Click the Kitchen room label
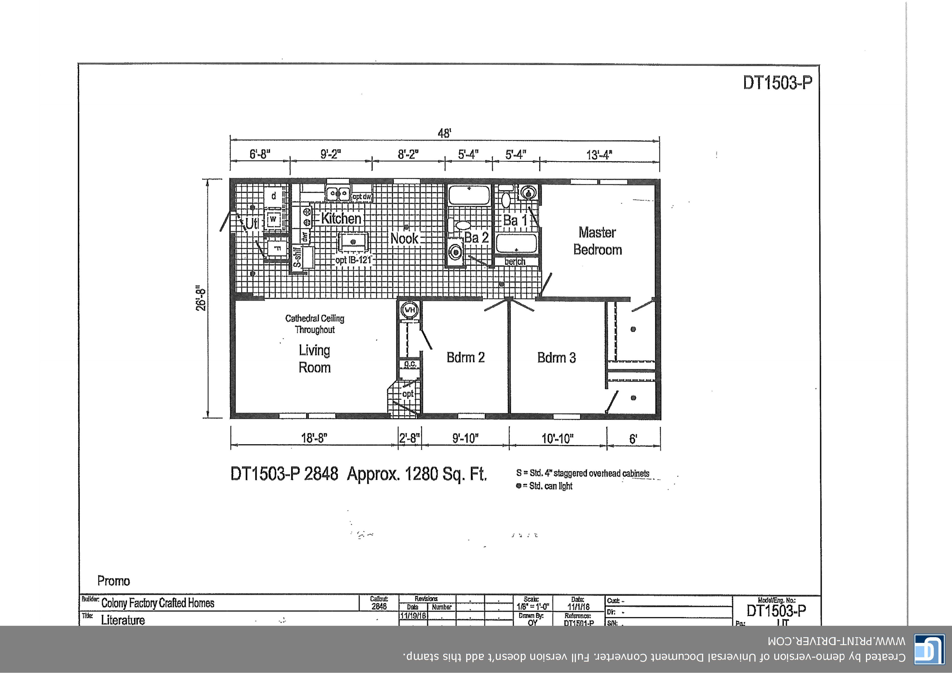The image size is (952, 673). point(341,218)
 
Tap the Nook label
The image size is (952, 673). point(404,239)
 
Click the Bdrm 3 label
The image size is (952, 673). point(556,357)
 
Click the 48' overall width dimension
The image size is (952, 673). point(444,134)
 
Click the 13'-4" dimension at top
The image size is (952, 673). point(599,155)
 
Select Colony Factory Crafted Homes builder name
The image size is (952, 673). point(158,603)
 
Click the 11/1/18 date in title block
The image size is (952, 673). point(578,607)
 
